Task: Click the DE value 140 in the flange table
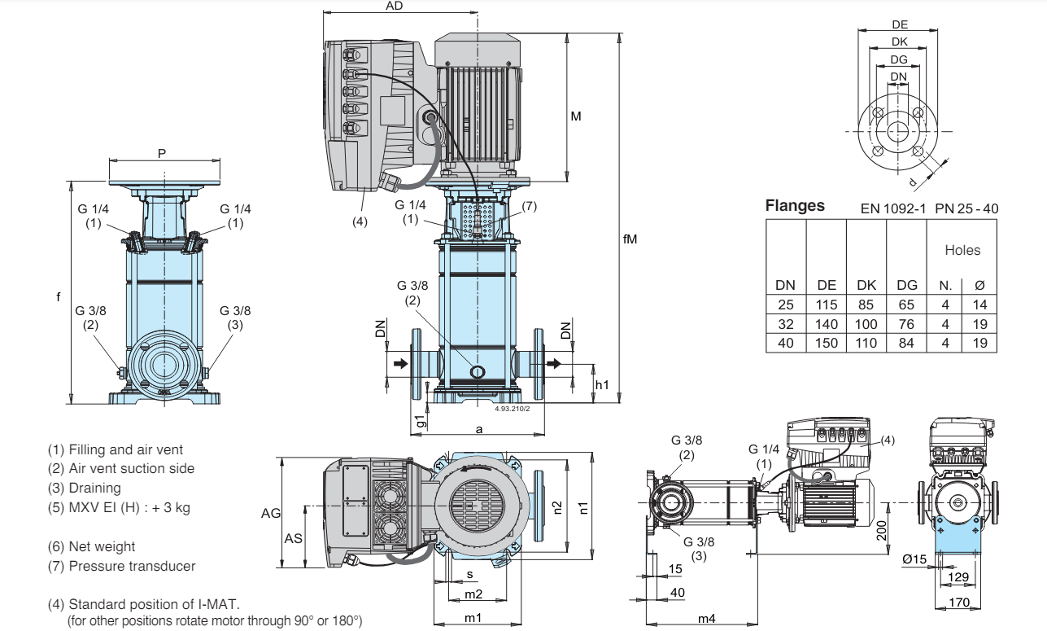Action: (x=827, y=323)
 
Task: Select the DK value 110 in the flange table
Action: (x=866, y=343)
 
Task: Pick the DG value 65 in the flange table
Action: (x=906, y=305)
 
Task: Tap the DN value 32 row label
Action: (x=785, y=323)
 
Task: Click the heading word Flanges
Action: (x=795, y=206)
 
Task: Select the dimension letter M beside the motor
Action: (x=576, y=116)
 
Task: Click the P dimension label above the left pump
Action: (x=162, y=154)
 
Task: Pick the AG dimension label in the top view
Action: (x=271, y=514)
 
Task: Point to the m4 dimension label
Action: (x=706, y=619)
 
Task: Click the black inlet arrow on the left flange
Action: (x=401, y=363)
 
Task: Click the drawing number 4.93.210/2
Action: (x=512, y=409)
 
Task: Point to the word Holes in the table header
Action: (x=962, y=251)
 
